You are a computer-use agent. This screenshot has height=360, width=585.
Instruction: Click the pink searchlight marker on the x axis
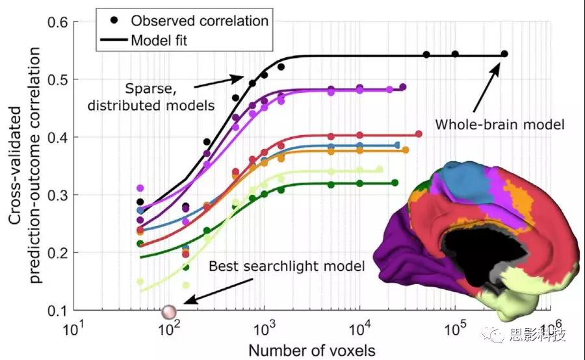[x=170, y=312]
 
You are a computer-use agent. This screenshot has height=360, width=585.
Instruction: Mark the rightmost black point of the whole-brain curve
[x=504, y=54]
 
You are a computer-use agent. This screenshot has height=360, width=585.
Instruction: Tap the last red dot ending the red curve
[x=419, y=135]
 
